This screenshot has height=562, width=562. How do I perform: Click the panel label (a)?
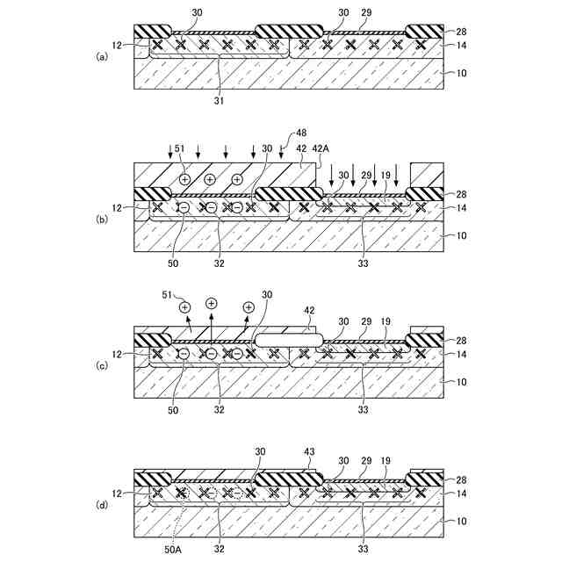pyautogui.click(x=103, y=55)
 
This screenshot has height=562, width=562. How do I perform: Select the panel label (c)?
pyautogui.click(x=103, y=362)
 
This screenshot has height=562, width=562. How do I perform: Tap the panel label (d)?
pyautogui.click(x=103, y=506)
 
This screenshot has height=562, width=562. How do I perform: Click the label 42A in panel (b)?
pyautogui.click(x=321, y=149)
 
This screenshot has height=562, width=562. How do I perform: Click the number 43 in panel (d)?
pyautogui.click(x=309, y=452)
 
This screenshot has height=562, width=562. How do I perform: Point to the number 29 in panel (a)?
pyautogui.click(x=365, y=14)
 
